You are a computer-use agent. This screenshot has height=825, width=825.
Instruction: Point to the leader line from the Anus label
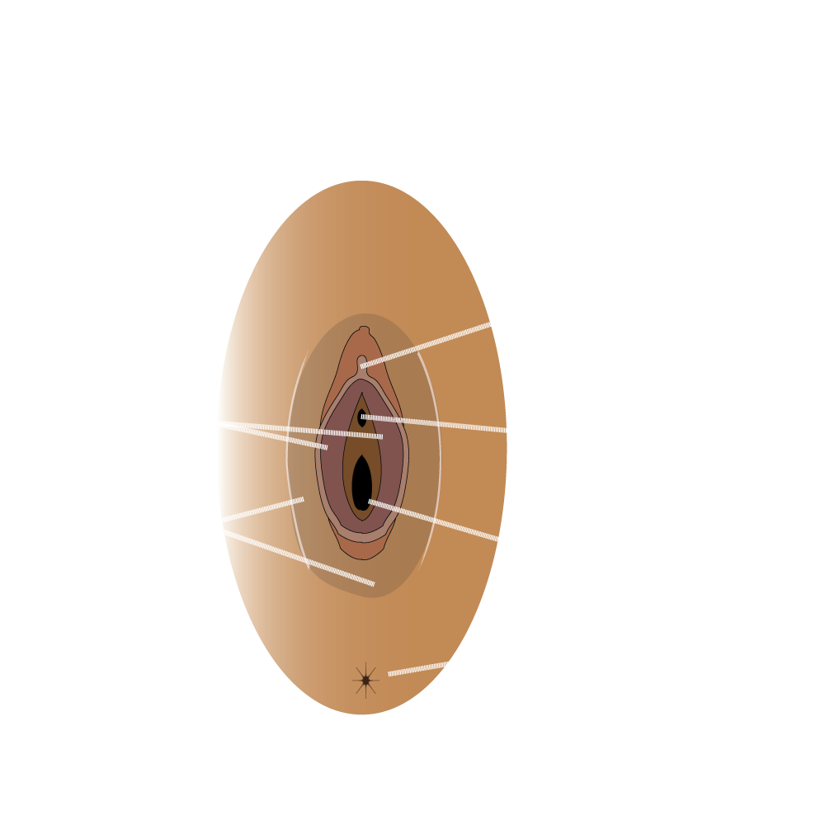click(x=437, y=666)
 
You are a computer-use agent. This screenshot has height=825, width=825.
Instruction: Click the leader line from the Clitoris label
click(x=437, y=340)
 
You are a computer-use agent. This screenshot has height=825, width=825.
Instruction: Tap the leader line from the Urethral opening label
click(x=437, y=423)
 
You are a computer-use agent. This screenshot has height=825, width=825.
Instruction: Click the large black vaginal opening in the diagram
click(x=361, y=483)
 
